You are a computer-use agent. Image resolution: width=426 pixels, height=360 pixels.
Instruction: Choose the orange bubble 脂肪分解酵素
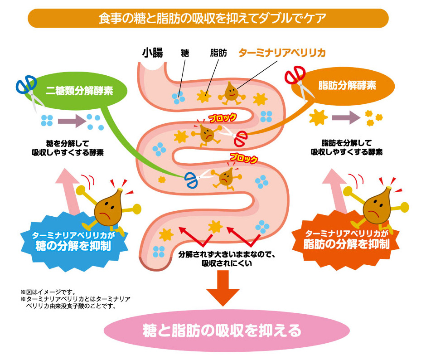click(x=347, y=85)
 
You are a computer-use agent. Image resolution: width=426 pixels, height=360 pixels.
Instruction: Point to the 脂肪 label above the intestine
click(x=218, y=53)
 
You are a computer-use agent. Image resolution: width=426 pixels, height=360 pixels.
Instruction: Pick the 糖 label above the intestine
click(x=185, y=53)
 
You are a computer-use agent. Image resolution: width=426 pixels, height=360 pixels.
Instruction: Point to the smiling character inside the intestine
click(x=230, y=91)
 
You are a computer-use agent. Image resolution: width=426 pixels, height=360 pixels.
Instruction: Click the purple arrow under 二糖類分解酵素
click(x=72, y=121)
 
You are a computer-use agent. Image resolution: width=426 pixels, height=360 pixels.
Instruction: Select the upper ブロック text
click(x=223, y=118)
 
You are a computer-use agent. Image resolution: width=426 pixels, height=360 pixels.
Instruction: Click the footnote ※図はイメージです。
click(x=48, y=292)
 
